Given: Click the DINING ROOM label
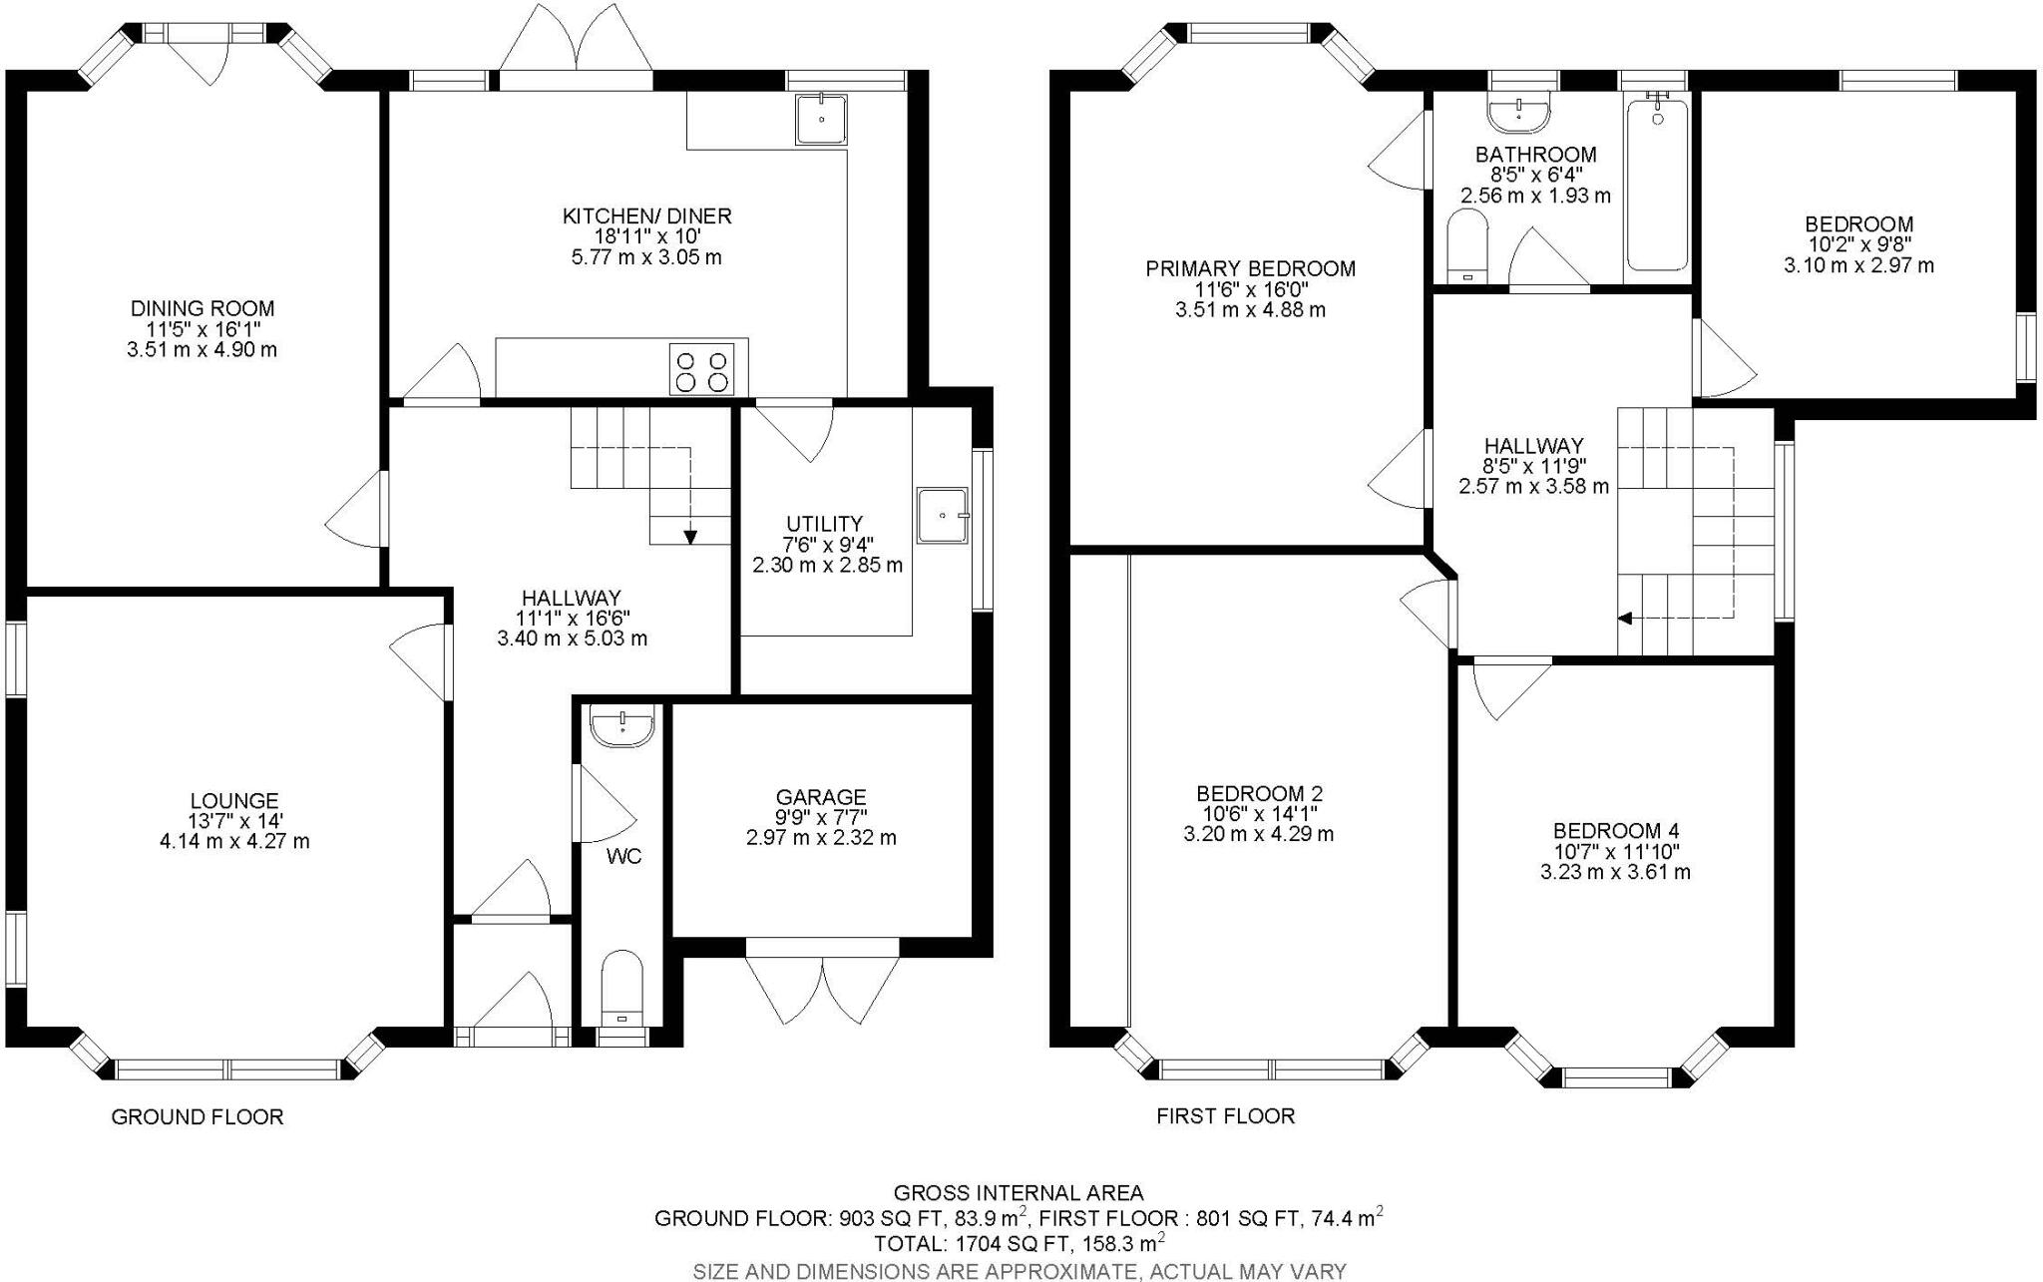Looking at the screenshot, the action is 203,308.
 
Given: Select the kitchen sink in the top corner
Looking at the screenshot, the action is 821,120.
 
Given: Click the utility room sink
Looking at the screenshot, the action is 943,515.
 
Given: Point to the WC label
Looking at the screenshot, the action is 623,856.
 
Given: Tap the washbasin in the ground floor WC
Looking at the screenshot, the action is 622,726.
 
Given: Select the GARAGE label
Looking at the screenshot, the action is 821,797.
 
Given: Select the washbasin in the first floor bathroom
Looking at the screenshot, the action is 1519,115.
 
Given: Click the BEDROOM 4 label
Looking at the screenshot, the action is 1616,830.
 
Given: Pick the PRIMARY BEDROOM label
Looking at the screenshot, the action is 1250,268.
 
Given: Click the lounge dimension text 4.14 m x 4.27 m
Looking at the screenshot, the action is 234,841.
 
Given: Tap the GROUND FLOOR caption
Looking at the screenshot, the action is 198,1116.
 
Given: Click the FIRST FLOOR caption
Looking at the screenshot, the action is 1225,1115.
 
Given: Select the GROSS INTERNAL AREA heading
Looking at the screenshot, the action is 1019,1192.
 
